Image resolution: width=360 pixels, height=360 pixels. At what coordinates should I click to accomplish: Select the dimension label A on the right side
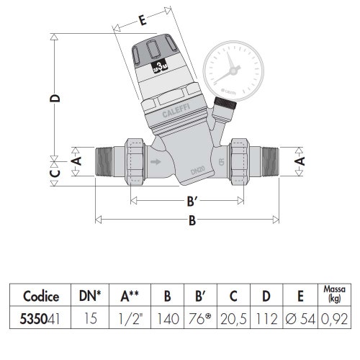297,163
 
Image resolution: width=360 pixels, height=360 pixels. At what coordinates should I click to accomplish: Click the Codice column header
40,296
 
